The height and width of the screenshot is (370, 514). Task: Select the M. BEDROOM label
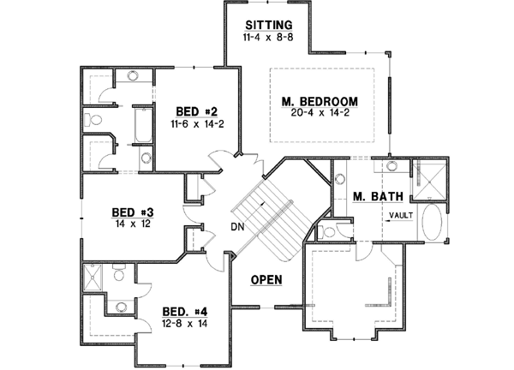(320, 103)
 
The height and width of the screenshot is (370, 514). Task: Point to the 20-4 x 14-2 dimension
(320, 115)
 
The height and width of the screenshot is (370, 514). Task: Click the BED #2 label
(196, 111)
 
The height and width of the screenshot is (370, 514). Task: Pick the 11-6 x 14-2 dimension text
(196, 124)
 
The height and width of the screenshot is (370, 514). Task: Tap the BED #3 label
(134, 212)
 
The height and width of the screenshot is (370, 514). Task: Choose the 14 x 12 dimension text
(134, 224)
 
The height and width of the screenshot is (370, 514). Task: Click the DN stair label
(236, 227)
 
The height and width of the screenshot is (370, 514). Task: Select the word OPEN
(267, 280)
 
